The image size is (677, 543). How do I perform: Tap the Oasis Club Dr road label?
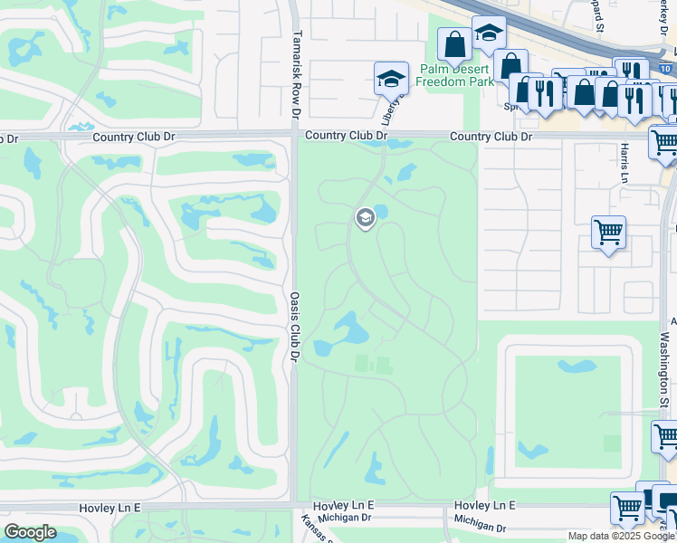pos(295,326)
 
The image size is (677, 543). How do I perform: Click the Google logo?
pos(31,532)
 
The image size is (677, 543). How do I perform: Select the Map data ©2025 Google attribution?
pos(621,536)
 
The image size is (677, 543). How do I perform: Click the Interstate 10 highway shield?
pos(667,69)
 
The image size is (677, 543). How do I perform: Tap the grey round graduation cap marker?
pos(366,217)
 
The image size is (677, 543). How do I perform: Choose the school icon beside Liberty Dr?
pos(391,79)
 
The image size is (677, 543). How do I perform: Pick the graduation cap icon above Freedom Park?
pos(489,33)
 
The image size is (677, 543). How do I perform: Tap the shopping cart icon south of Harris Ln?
pos(608,232)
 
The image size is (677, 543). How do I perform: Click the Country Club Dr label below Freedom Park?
pos(491,137)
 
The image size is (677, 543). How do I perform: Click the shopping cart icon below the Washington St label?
pos(666,437)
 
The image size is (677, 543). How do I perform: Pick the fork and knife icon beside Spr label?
pos(546,92)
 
